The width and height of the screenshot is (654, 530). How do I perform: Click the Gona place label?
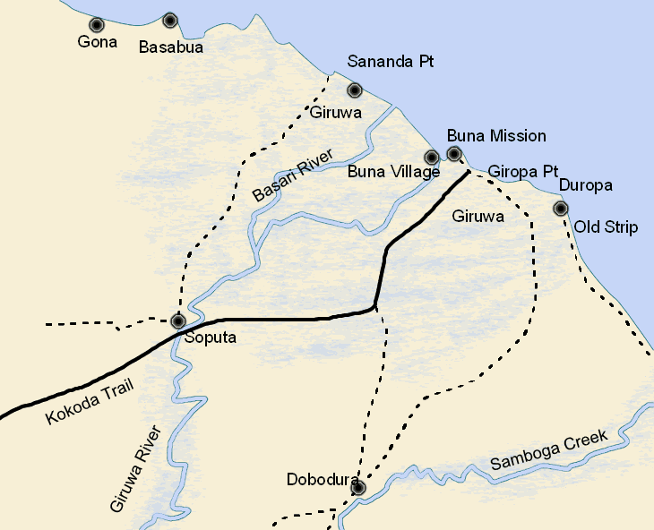pyautogui.click(x=98, y=42)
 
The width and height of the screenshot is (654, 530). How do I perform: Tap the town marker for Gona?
pyautogui.click(x=96, y=24)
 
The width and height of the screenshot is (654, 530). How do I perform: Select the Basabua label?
pyautogui.click(x=170, y=47)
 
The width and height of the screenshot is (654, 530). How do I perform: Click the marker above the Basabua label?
pyautogui.click(x=170, y=20)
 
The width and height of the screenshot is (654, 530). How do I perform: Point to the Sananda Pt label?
pyautogui.click(x=391, y=63)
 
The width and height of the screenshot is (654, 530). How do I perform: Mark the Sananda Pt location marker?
pyautogui.click(x=355, y=90)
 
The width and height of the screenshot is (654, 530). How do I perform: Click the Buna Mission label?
pyautogui.click(x=495, y=136)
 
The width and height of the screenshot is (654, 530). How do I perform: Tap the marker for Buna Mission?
pyautogui.click(x=454, y=154)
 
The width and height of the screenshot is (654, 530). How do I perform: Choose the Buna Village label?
pyautogui.click(x=393, y=172)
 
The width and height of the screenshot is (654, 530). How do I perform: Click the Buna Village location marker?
pyautogui.click(x=432, y=158)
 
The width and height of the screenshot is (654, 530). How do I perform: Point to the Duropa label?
pyautogui.click(x=585, y=186)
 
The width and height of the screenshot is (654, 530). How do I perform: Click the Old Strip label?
pyautogui.click(x=606, y=227)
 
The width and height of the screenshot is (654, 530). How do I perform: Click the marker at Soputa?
pyautogui.click(x=178, y=321)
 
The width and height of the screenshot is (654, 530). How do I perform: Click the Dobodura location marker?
pyautogui.click(x=358, y=488)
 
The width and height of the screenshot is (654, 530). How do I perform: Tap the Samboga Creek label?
pyautogui.click(x=549, y=451)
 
